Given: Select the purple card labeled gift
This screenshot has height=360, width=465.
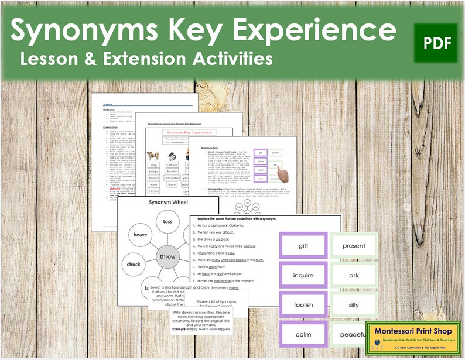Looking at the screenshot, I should point(303,245).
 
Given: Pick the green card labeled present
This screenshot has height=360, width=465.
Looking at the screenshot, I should point(353,245).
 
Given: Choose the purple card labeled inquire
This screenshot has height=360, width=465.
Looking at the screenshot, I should point(303,275).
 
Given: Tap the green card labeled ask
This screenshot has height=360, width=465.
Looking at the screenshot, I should point(353,275).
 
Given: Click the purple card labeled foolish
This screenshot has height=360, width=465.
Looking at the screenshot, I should point(303,305).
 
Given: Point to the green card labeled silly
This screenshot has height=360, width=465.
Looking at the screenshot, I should point(353,305).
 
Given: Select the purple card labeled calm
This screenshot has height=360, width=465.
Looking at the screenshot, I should point(303,335).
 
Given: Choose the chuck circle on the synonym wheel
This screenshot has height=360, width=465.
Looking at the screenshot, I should point(134,264).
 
